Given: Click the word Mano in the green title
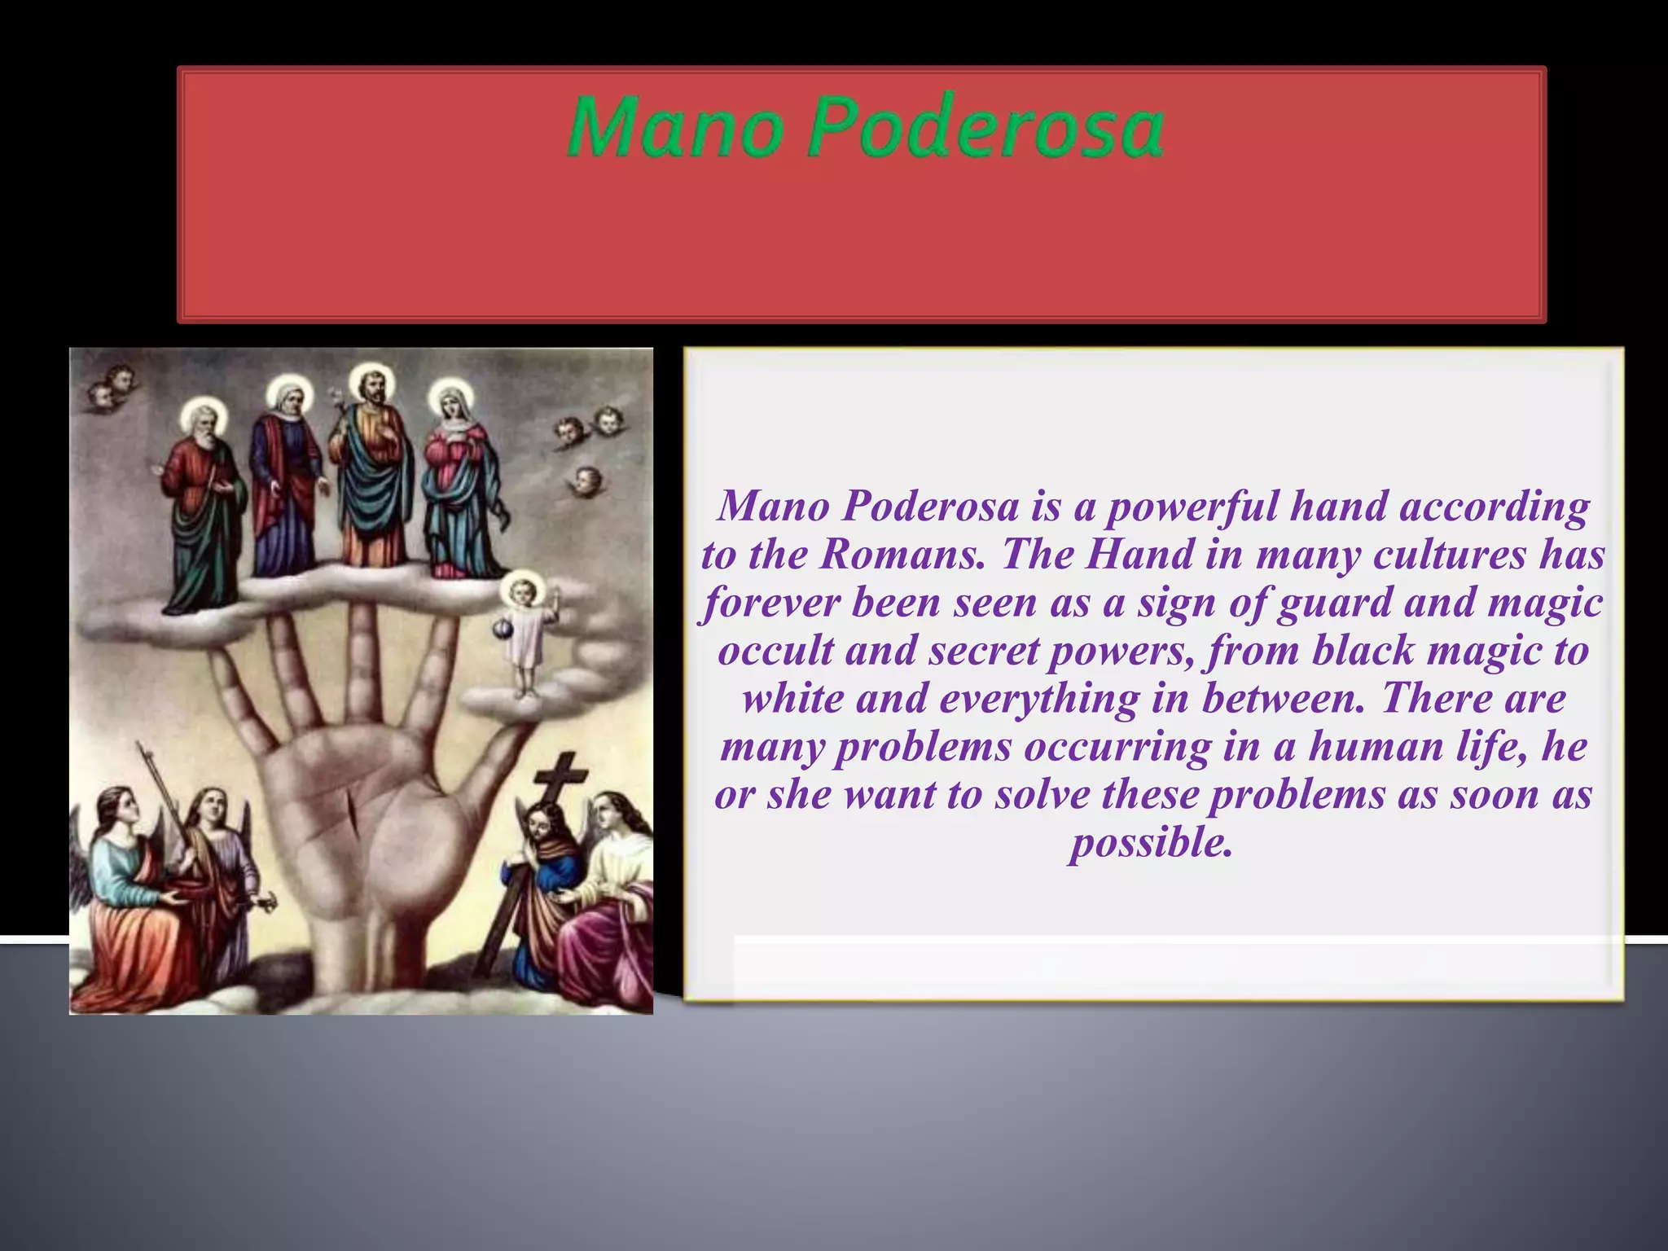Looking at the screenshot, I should (674, 128).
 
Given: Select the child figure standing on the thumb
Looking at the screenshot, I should (528, 635).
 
